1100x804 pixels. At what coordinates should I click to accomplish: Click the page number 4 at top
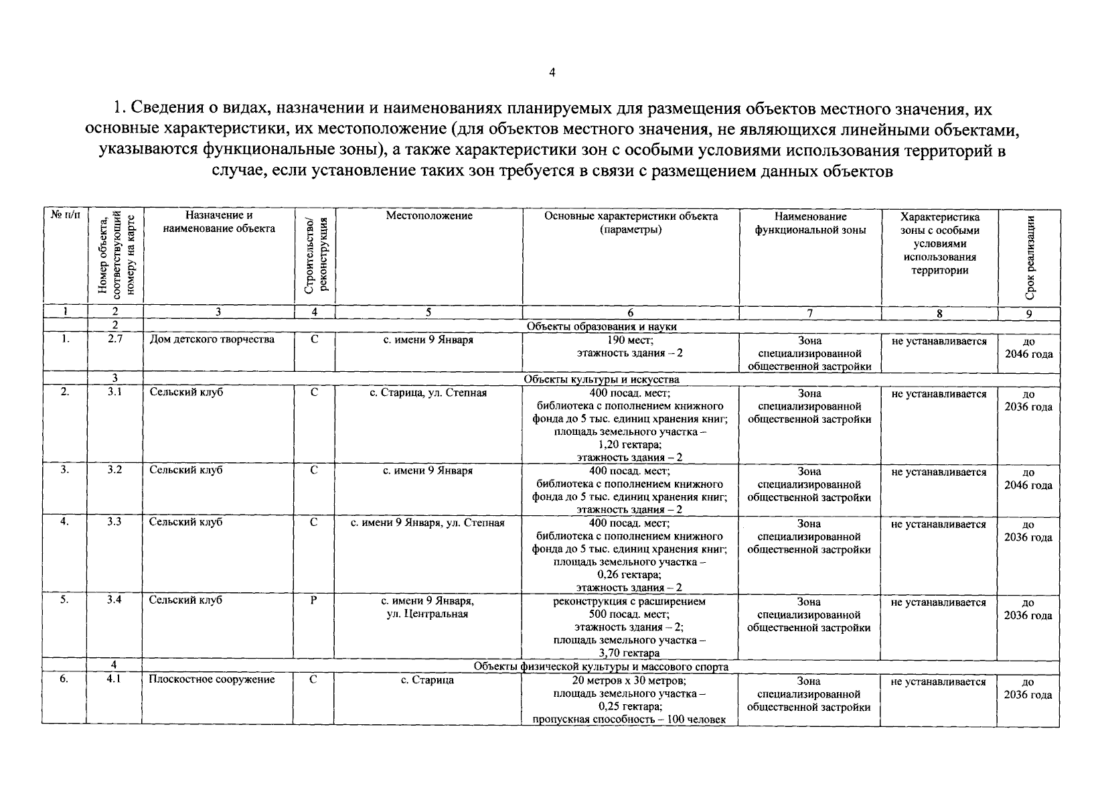(x=552, y=73)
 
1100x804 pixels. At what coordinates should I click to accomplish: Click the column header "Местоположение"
(x=428, y=216)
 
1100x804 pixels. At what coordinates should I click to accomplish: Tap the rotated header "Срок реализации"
(x=1030, y=257)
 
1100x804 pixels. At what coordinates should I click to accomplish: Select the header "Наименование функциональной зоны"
(x=810, y=223)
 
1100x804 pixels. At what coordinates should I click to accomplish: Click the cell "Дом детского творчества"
(x=212, y=339)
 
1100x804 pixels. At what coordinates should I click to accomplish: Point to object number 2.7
(x=114, y=339)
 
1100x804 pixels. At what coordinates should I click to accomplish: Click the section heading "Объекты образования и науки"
(x=601, y=326)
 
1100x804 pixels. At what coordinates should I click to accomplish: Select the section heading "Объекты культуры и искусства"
(x=601, y=379)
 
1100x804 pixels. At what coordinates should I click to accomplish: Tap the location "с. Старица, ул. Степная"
(x=428, y=393)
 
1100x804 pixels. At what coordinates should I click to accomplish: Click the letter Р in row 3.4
(x=313, y=600)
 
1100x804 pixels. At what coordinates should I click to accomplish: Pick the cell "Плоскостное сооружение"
(x=212, y=679)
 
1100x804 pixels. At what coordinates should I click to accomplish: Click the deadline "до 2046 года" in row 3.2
(x=1028, y=478)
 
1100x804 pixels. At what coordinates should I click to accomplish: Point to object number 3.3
(x=114, y=522)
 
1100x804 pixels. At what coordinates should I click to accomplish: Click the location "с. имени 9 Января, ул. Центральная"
(x=428, y=607)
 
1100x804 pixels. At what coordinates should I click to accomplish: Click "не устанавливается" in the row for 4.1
(x=939, y=681)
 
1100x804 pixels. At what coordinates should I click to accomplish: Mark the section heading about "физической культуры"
(x=601, y=667)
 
